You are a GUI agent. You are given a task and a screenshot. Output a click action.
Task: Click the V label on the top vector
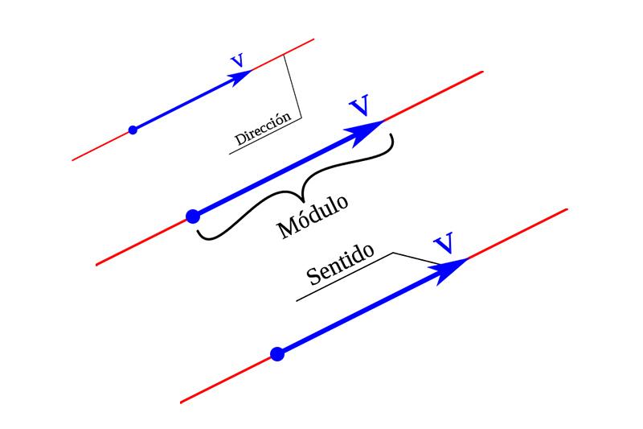237,60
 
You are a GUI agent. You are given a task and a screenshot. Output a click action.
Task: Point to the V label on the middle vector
360,106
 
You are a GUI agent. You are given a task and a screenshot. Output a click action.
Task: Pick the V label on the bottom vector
443,244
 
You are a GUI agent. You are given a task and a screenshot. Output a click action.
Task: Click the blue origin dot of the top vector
133,130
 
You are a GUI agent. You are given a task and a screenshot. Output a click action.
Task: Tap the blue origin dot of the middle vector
192,216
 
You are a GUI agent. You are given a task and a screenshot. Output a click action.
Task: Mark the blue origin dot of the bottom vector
277,353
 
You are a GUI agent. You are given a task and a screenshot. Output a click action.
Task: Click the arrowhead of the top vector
241,76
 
